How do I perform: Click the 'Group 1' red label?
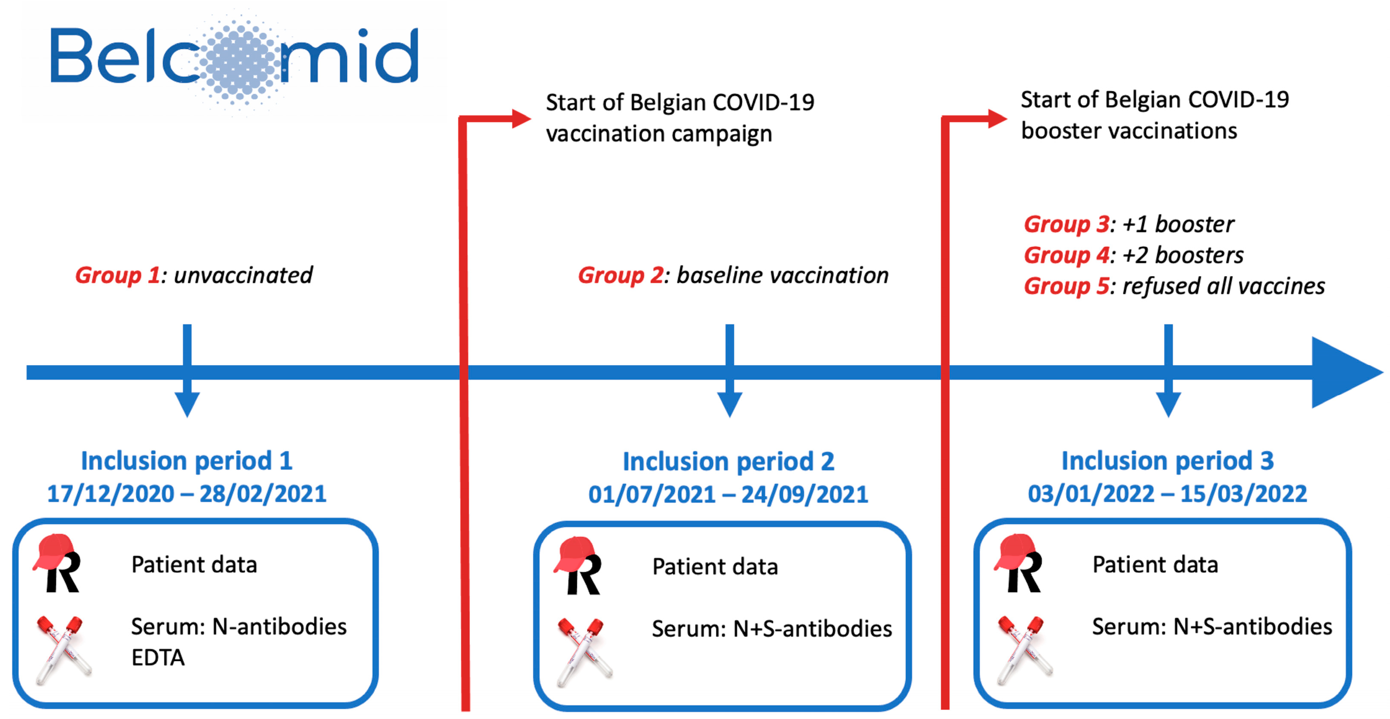click(117, 275)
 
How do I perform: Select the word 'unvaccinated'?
click(243, 275)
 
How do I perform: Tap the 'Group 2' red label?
click(620, 275)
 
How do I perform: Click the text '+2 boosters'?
click(1183, 255)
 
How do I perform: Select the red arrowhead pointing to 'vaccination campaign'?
click(520, 119)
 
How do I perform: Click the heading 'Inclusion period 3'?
click(1167, 461)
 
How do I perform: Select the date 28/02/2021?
click(263, 494)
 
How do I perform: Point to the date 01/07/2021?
click(651, 494)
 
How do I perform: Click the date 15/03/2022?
click(1243, 494)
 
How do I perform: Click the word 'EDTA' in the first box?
click(158, 657)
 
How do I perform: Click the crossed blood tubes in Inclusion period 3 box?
click(1023, 650)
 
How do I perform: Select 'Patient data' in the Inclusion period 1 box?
click(194, 565)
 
